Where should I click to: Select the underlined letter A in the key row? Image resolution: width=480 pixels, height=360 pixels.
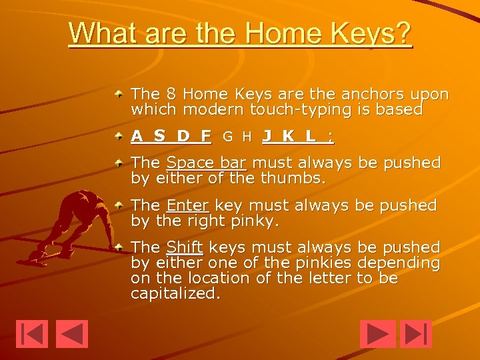pyautogui.click(x=137, y=137)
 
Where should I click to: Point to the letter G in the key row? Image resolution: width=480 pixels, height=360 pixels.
pyautogui.click(x=228, y=137)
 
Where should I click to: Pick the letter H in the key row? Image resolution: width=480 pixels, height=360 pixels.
pyautogui.click(x=247, y=137)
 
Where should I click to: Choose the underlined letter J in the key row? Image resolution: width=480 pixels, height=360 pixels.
pyautogui.click(x=267, y=137)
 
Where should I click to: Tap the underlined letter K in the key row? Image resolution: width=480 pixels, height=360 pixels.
pyautogui.click(x=288, y=137)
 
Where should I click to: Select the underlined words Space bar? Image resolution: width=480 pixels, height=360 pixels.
pyautogui.click(x=207, y=163)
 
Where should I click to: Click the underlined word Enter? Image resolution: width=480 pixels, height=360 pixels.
pyautogui.click(x=188, y=205)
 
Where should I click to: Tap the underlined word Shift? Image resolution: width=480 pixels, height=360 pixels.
pyautogui.click(x=184, y=247)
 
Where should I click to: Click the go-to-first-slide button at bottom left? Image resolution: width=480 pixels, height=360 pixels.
pyautogui.click(x=32, y=334)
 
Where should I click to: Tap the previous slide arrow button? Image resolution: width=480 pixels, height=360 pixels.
pyautogui.click(x=72, y=334)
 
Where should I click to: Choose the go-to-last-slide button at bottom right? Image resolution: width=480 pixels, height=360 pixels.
pyautogui.click(x=417, y=334)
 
